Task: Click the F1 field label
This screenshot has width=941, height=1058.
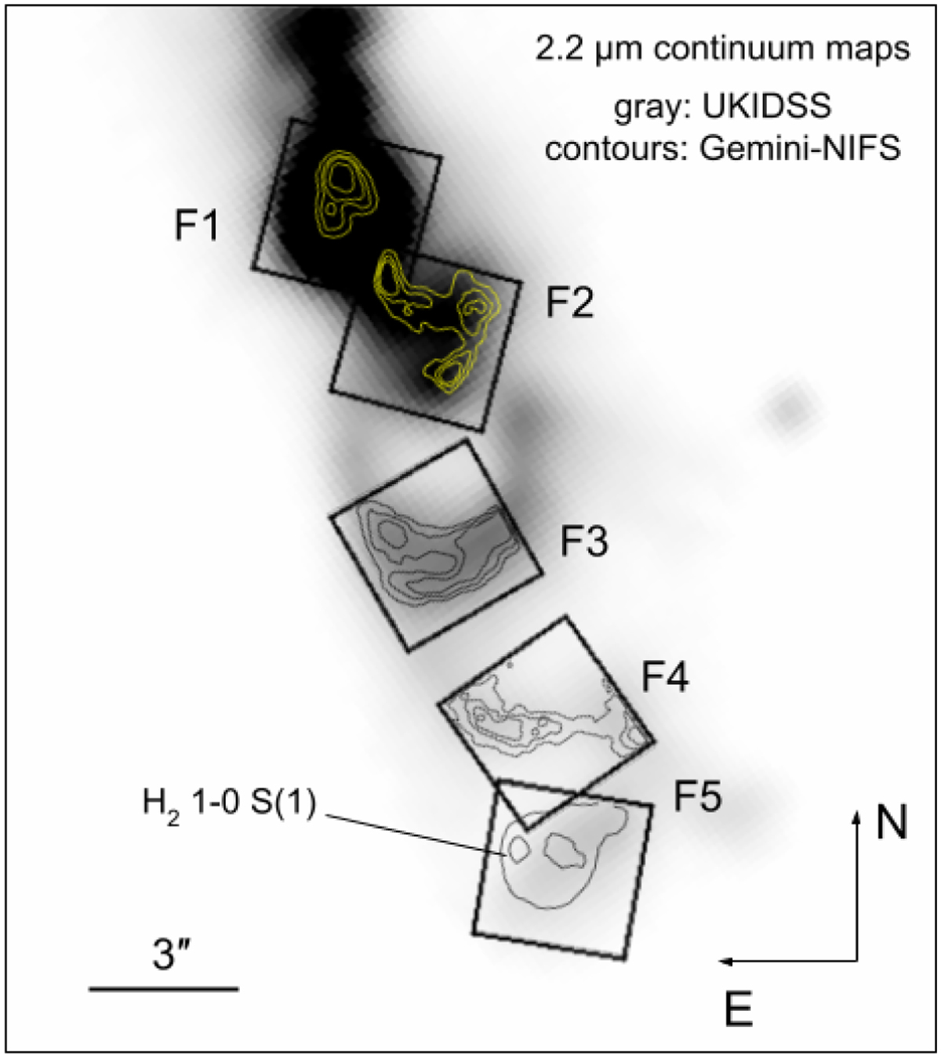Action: pos(196,225)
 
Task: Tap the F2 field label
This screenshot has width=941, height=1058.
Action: pos(569,303)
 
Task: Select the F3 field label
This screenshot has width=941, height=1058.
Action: pos(584,541)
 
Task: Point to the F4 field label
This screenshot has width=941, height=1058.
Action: pos(665,676)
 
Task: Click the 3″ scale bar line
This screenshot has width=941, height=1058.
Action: pos(164,988)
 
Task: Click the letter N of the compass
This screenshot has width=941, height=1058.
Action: pos(892,823)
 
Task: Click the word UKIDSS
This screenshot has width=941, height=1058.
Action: pos(766,107)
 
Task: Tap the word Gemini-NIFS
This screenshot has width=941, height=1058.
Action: pos(801,148)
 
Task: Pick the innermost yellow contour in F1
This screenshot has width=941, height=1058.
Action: pos(343,176)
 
